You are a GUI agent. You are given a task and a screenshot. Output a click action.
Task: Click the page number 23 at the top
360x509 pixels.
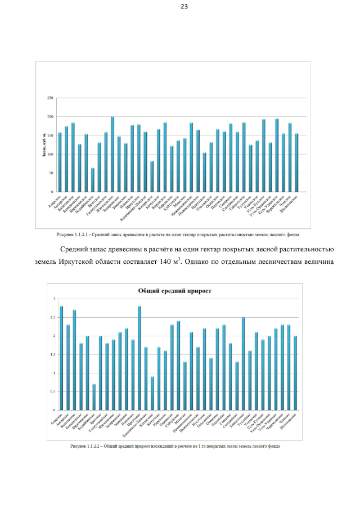pos(184,7)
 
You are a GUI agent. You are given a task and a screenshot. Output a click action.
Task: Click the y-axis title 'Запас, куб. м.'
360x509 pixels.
pos(42,145)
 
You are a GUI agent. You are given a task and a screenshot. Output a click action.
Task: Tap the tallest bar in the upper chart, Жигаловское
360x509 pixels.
pos(112,155)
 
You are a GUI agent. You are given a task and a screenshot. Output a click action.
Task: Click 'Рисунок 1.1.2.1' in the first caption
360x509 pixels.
pos(73,234)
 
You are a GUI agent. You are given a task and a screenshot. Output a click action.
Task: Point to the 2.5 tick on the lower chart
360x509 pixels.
pos(55,317)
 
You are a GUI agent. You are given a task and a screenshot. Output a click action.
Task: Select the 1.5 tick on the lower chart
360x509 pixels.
pos(55,354)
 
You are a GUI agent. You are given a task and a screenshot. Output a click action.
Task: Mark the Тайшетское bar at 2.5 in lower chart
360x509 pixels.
pos(244,364)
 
